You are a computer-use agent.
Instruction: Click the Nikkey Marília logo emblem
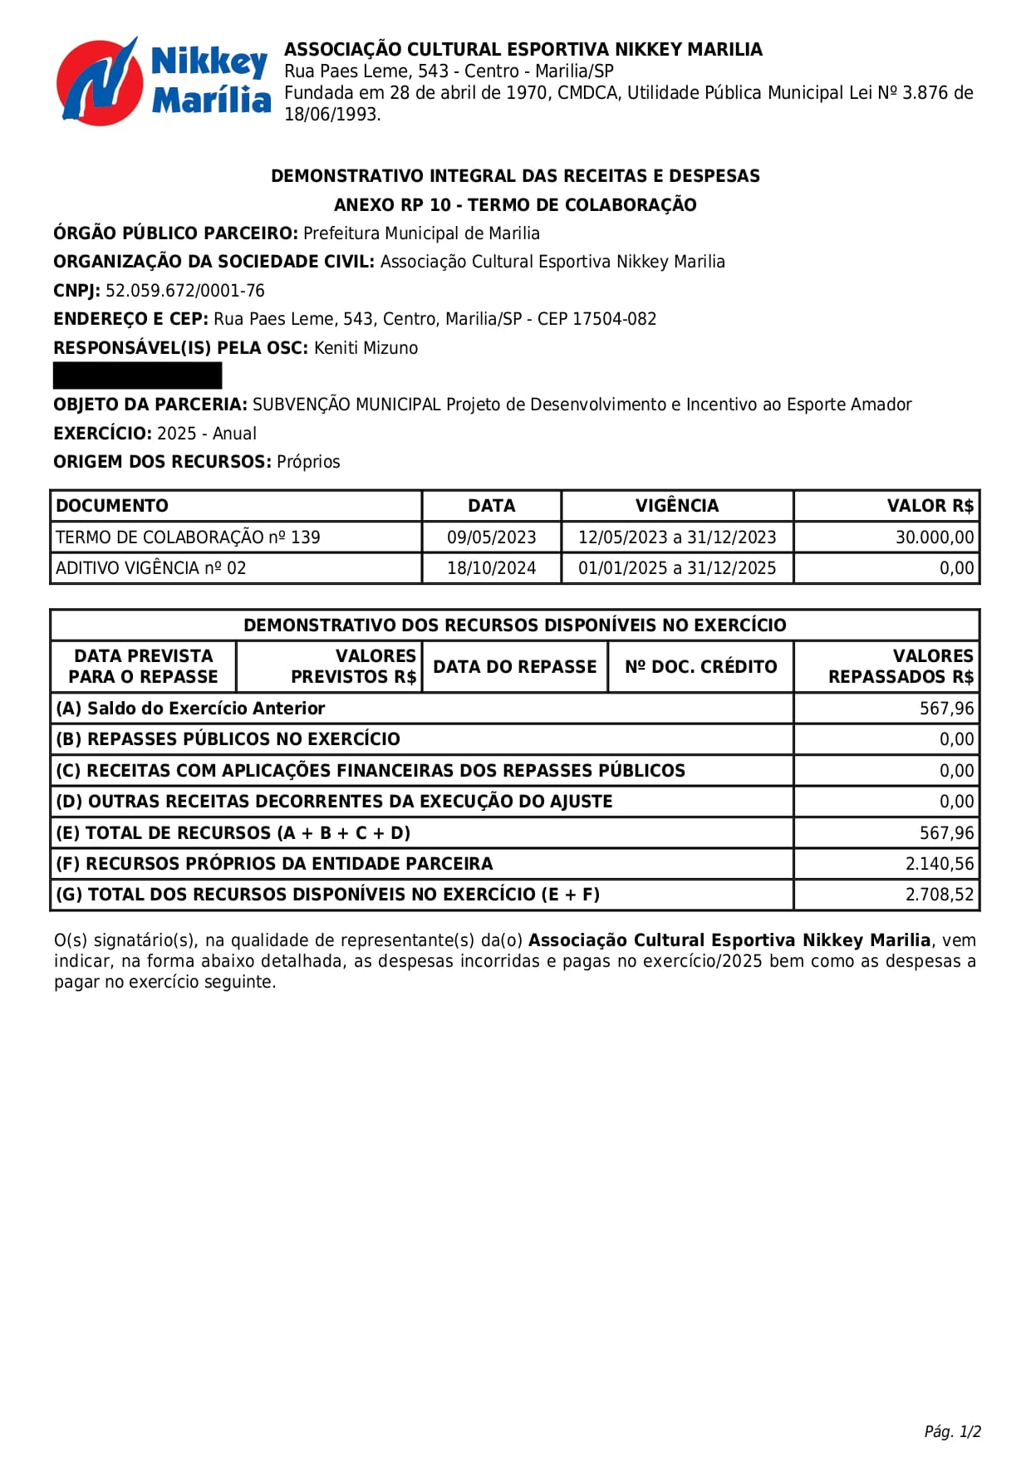tap(97, 81)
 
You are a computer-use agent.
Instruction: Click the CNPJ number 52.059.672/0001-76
tap(184, 291)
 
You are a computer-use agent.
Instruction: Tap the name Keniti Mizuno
tap(366, 348)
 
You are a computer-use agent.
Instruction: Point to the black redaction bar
tap(137, 375)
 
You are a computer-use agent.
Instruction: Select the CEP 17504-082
tap(614, 319)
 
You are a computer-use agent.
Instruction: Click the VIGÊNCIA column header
tap(676, 506)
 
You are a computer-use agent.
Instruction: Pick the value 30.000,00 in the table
tap(934, 537)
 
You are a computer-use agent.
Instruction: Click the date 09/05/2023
tap(491, 537)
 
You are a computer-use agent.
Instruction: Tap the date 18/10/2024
tap(491, 568)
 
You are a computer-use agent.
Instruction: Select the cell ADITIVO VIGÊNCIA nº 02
tap(151, 568)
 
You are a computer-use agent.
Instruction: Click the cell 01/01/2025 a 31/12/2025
tap(676, 568)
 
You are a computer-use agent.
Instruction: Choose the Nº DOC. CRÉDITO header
tap(700, 666)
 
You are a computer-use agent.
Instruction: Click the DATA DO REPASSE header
tap(514, 666)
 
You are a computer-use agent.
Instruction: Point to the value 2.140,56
tap(939, 864)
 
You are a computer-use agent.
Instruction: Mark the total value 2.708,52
tap(939, 895)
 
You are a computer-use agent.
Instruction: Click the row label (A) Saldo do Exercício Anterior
tap(190, 709)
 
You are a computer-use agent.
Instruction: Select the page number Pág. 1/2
tap(952, 1431)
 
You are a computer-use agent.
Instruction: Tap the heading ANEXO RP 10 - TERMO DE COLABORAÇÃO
tap(515, 205)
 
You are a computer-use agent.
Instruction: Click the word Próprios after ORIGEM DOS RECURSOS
tap(308, 462)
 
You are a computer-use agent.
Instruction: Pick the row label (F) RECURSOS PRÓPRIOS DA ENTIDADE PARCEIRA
tap(274, 864)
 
